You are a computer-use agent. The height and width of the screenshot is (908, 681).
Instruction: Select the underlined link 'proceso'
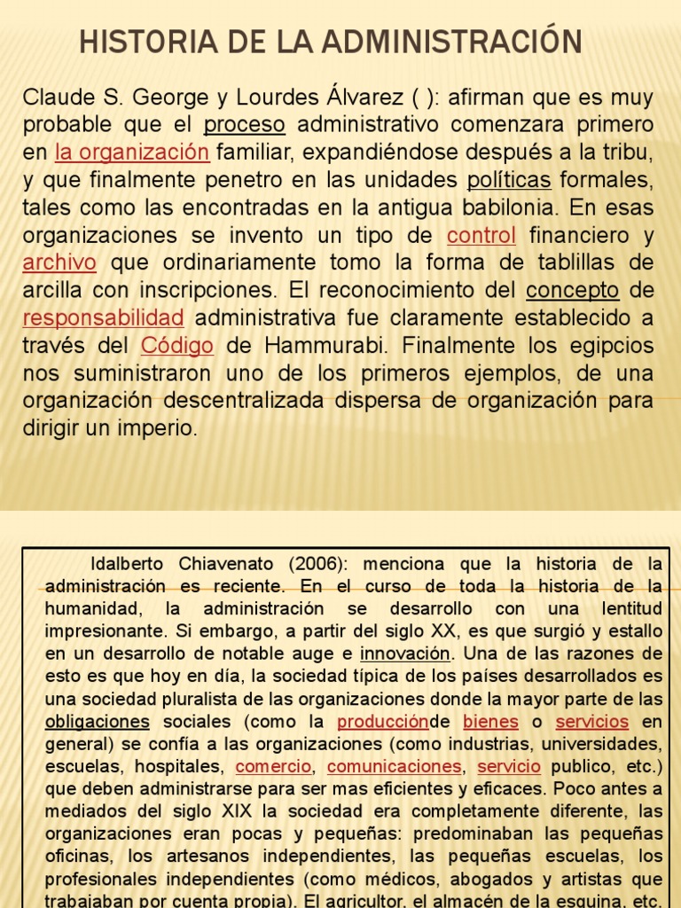[x=244, y=124]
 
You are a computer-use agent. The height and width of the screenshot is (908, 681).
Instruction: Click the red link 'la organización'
[x=132, y=153]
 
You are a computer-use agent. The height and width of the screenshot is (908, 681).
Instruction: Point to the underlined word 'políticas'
[x=509, y=180]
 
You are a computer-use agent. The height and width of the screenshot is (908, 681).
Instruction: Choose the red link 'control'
[x=481, y=236]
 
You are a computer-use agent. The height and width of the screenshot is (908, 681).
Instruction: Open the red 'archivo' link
[x=59, y=263]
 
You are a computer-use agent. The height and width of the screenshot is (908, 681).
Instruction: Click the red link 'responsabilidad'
[x=103, y=318]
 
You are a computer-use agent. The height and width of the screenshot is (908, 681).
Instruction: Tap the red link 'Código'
[x=177, y=346]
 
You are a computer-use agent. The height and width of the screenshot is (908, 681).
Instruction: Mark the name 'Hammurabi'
[x=311, y=346]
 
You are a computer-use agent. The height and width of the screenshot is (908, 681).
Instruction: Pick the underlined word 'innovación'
[x=405, y=654]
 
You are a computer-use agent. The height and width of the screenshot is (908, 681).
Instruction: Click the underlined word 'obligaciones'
[x=98, y=722]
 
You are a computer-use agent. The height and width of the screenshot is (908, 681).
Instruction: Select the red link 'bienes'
[x=491, y=722]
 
